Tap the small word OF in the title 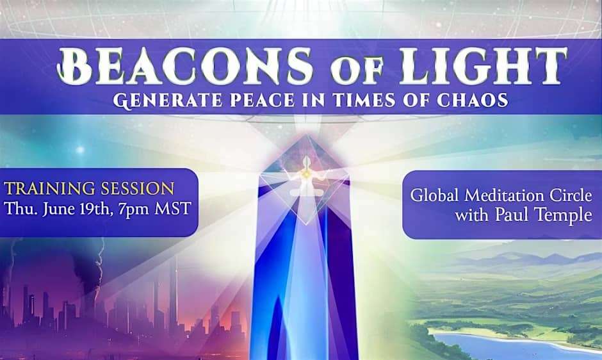tap(357, 70)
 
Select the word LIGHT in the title tap(484, 66)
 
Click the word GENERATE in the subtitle tap(168, 101)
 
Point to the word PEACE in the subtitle tap(263, 100)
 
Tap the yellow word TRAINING tap(49, 188)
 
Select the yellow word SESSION tap(138, 188)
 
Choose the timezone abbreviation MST tap(173, 209)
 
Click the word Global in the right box tap(434, 195)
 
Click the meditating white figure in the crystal tap(306, 177)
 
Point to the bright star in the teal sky tap(80, 149)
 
